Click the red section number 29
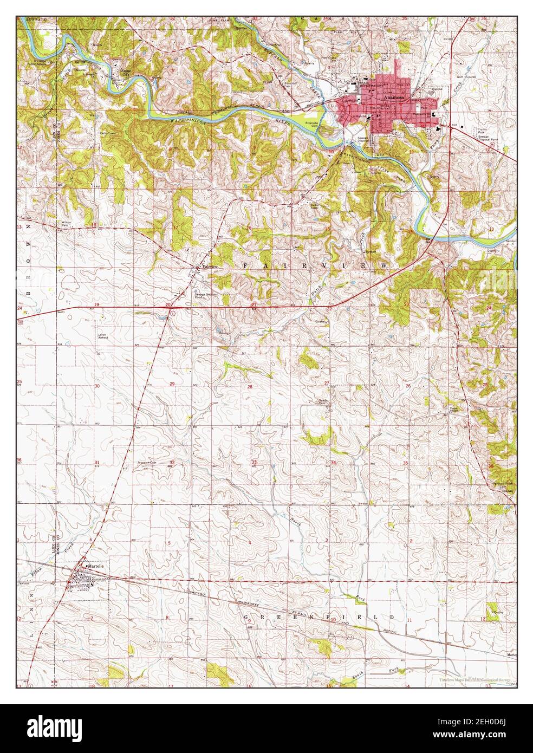tap(172, 384)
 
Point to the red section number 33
tap(253, 462)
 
